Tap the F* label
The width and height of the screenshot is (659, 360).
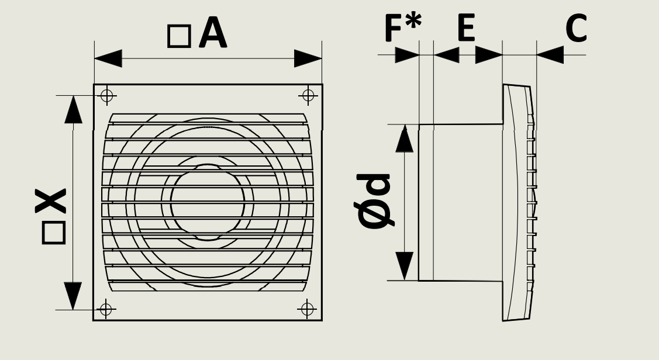[x=402, y=27]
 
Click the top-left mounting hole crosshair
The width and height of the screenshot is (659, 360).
[x=106, y=96]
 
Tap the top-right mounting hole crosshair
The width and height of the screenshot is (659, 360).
[x=309, y=95]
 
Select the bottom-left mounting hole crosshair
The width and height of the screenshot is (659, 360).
[x=106, y=308]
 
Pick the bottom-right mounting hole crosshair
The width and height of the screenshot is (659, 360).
[x=308, y=308]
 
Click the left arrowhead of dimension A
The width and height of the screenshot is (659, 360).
[x=108, y=58]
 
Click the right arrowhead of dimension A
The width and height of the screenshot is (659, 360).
[x=308, y=58]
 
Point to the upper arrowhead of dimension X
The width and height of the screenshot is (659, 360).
[x=73, y=109]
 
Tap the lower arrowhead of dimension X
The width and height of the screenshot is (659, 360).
[x=73, y=296]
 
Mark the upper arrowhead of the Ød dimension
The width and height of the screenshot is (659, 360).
[x=404, y=138]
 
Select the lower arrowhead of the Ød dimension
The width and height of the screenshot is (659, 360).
[x=404, y=266]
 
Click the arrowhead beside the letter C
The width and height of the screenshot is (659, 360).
[x=550, y=55]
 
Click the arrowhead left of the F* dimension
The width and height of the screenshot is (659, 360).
[x=408, y=55]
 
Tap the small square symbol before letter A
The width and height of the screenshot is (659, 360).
[x=179, y=36]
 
